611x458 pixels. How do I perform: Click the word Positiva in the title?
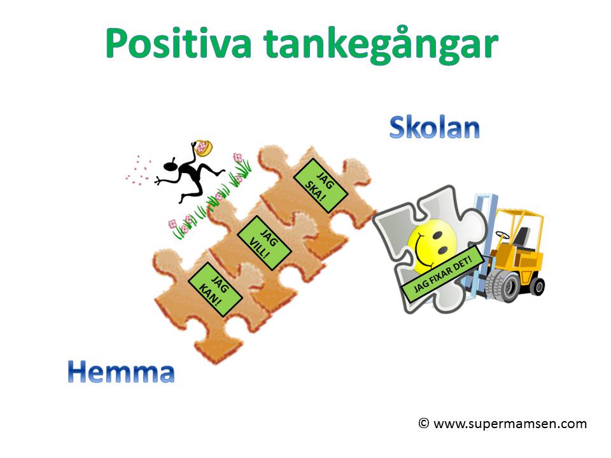pyautogui.click(x=178, y=43)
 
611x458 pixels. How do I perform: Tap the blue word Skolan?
pyautogui.click(x=435, y=127)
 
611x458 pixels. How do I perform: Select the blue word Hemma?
pyautogui.click(x=121, y=371)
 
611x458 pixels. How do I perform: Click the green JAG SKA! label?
pyautogui.click(x=320, y=186)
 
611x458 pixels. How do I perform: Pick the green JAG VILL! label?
pyautogui.click(x=264, y=243)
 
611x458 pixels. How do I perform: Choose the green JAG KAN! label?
pyautogui.click(x=215, y=289)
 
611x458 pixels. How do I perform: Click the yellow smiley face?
pyautogui.click(x=433, y=244)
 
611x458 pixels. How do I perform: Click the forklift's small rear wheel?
pyautogui.click(x=537, y=287)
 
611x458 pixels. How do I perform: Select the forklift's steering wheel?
pyautogui.click(x=502, y=235)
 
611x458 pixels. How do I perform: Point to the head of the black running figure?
pyautogui.click(x=171, y=166)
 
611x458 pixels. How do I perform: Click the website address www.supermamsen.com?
pyautogui.click(x=510, y=424)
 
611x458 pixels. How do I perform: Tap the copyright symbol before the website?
pyautogui.click(x=424, y=423)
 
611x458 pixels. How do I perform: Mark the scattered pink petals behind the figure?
pyautogui.click(x=138, y=170)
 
